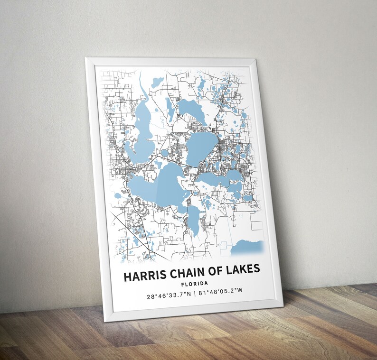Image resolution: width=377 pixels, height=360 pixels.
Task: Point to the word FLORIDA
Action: pos(195,284)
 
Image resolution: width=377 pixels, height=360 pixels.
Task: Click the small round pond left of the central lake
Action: pos(165,153)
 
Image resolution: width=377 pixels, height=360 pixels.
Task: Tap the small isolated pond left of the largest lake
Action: pos(118,195)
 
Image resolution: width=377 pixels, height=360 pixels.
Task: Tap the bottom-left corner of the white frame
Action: pos(105,321)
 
